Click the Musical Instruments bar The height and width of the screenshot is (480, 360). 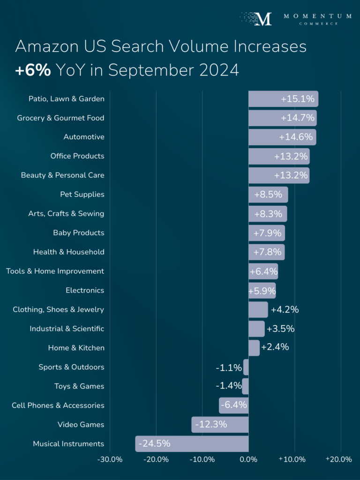tap(192, 443)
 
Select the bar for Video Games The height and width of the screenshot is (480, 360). tap(220, 425)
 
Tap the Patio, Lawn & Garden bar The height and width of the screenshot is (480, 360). tap(283, 99)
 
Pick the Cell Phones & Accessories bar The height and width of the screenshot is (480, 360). tap(233, 405)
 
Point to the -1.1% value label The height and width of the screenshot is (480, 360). tap(229, 367)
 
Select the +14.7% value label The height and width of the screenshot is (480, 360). tap(298, 118)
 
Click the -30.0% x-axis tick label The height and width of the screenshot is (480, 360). tap(110, 459)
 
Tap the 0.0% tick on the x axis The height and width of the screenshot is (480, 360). tap(248, 459)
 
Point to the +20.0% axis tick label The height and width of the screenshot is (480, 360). tap(339, 459)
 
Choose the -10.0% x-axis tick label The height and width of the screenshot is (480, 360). tap(202, 459)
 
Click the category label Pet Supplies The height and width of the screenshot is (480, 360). tap(82, 194)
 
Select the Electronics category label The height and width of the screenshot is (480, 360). tap(85, 290)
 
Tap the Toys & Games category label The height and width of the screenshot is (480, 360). tap(79, 386)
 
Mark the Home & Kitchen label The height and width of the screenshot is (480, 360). tap(76, 348)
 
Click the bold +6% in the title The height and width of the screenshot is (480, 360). tap(33, 70)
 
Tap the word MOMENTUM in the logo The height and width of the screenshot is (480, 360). tap(317, 16)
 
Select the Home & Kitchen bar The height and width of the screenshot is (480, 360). tap(254, 348)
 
